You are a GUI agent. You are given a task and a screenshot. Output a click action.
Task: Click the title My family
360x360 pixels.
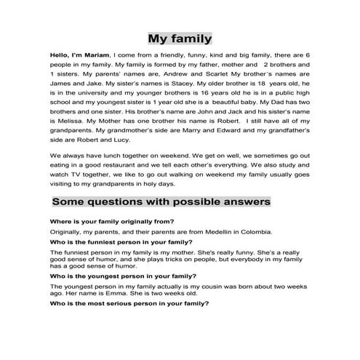point(180,38)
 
